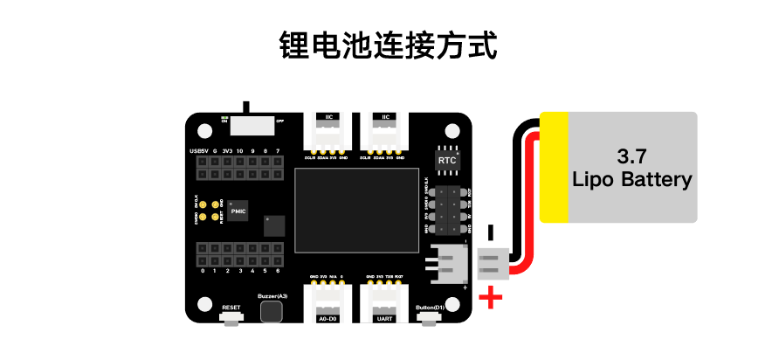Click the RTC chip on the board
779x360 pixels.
446,161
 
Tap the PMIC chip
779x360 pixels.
238,211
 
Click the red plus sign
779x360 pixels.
493,298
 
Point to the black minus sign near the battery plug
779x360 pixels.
490,232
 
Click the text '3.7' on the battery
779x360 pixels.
631,157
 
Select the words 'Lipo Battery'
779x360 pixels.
631,180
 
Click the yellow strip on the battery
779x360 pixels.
554,167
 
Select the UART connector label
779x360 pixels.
385,320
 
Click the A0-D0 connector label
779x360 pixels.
327,320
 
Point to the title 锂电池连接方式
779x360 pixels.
389,45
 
